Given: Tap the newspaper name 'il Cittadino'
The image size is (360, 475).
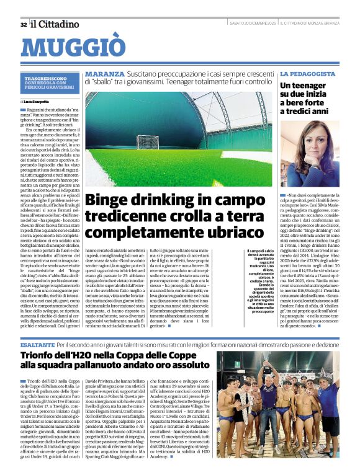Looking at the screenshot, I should (x=56, y=24).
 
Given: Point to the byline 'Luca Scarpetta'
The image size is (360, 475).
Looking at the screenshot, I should (x=38, y=100).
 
